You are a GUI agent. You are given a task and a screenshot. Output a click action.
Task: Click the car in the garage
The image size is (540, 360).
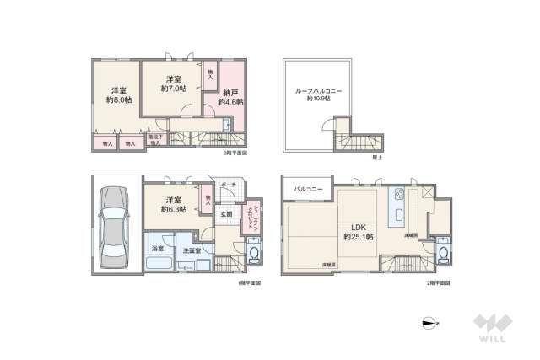[115, 225]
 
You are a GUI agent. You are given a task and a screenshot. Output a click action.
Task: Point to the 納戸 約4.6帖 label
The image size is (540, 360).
[230, 96]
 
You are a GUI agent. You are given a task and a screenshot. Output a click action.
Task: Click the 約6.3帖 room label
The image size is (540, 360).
[172, 205]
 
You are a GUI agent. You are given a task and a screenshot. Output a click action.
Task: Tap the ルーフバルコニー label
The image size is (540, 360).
[313, 94]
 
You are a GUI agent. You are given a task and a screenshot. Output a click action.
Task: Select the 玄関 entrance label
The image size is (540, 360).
[227, 215]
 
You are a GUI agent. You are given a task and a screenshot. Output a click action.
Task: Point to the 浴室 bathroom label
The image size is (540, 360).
[158, 250]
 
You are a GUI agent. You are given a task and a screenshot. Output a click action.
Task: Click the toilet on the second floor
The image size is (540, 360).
[445, 251]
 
